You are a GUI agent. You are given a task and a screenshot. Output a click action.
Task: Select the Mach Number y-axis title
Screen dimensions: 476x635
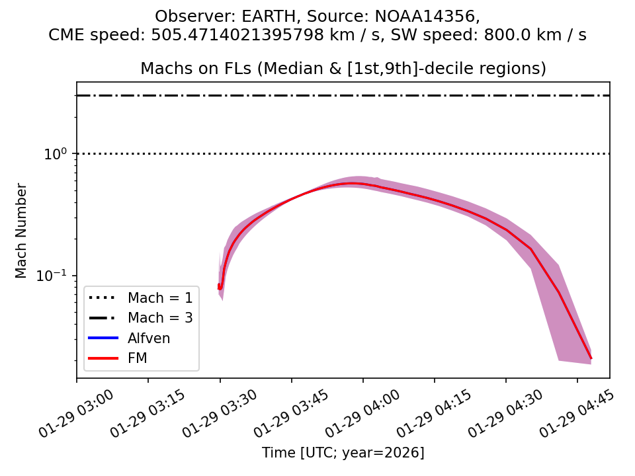tap(22, 231)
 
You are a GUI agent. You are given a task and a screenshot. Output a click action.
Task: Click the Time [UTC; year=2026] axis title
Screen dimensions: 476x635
tap(343, 453)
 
